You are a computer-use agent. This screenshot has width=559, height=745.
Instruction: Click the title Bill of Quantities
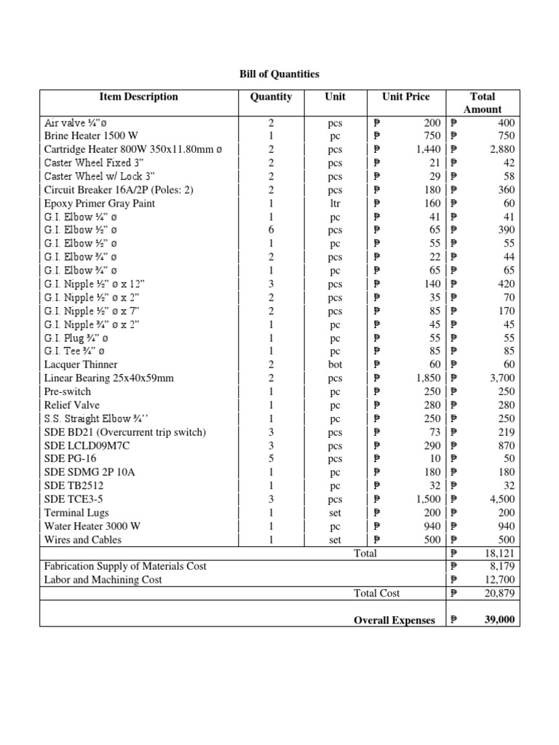pyautogui.click(x=279, y=74)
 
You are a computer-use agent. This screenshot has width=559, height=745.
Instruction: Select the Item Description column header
pyautogui.click(x=138, y=97)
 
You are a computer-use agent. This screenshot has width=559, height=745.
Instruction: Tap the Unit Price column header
pyautogui.click(x=405, y=97)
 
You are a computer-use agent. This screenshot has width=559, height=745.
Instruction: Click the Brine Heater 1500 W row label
pyautogui.click(x=91, y=136)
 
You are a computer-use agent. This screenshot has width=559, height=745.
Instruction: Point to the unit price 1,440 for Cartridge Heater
pyautogui.click(x=428, y=149)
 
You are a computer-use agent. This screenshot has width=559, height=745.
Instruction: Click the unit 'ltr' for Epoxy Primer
pyautogui.click(x=336, y=203)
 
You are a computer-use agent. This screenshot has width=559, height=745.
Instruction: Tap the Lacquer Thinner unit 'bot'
pyautogui.click(x=336, y=364)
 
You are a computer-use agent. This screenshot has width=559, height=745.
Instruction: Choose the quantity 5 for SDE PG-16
pyautogui.click(x=271, y=458)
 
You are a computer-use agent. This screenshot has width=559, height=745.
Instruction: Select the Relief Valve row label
pyautogui.click(x=72, y=405)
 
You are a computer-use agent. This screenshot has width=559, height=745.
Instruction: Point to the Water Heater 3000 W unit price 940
pyautogui.click(x=432, y=526)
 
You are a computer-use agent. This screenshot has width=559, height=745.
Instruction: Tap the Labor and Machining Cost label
pyautogui.click(x=103, y=580)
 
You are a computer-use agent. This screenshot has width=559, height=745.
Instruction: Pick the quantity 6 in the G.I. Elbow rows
pyautogui.click(x=271, y=230)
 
